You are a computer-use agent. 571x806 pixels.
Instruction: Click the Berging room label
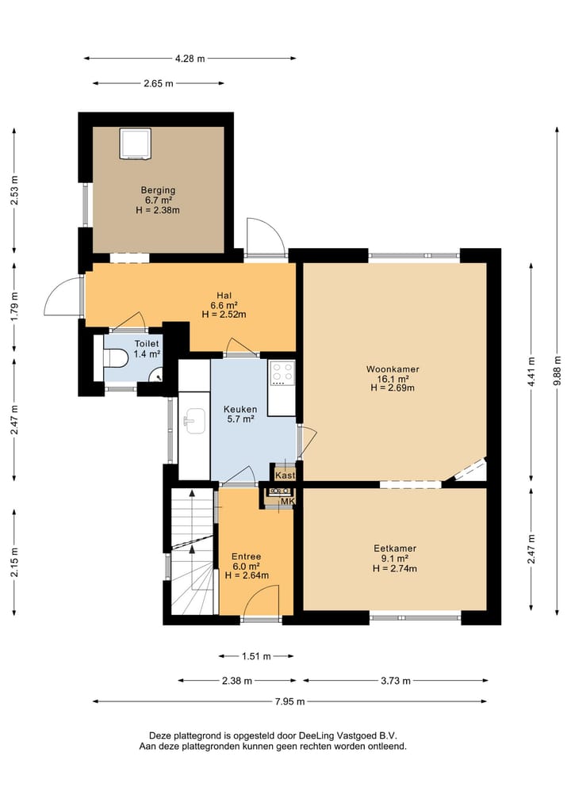(x=158, y=190)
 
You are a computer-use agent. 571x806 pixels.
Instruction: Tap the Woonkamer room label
(x=393, y=369)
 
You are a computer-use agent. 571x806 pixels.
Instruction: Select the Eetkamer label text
(x=395, y=548)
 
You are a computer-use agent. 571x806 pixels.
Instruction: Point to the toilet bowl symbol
(x=115, y=357)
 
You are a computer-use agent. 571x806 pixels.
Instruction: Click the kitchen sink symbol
(x=194, y=422)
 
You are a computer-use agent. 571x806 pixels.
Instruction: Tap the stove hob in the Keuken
(x=282, y=372)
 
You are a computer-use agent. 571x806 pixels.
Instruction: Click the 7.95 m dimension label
(x=289, y=701)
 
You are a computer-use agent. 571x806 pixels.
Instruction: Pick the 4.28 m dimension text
(x=190, y=59)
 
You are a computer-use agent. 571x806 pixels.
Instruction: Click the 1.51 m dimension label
(x=256, y=656)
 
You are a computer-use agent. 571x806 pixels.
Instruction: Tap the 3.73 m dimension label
(x=396, y=681)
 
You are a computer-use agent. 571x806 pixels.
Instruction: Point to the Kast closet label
(x=285, y=476)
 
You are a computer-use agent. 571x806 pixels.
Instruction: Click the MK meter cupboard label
(x=287, y=501)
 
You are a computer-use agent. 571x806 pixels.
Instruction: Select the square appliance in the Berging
(x=136, y=144)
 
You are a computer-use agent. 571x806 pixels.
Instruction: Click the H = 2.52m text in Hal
(x=224, y=315)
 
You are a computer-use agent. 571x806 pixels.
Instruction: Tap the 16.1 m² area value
(x=393, y=379)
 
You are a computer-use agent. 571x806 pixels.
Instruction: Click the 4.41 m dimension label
(x=531, y=371)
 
